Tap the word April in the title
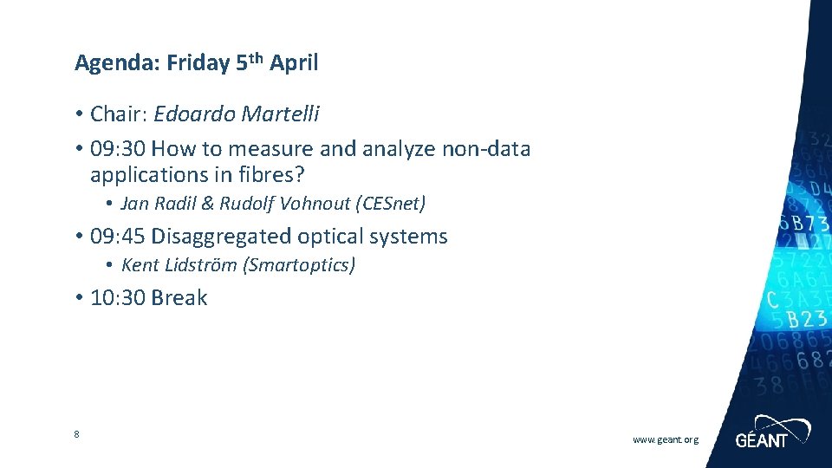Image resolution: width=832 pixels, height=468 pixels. [294, 63]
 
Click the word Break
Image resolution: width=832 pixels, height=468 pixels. [179, 298]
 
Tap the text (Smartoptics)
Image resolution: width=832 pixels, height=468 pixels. [300, 265]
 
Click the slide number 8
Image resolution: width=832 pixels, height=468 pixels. [77, 434]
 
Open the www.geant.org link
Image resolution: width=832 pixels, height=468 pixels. [665, 440]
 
